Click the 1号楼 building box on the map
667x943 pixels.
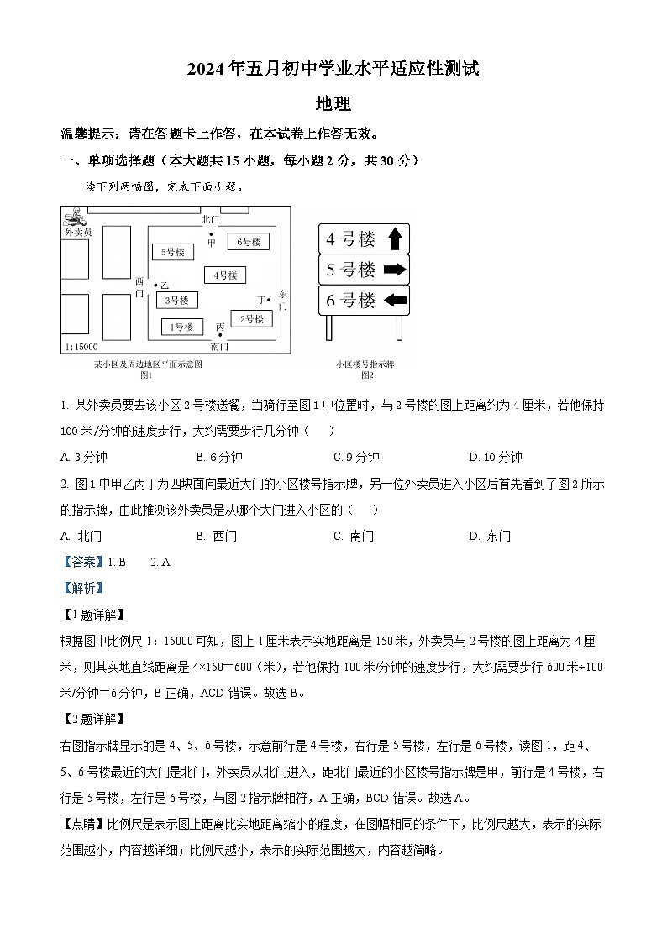(181, 327)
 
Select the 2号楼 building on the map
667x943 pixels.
(251, 319)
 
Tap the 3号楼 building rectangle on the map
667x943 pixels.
(176, 300)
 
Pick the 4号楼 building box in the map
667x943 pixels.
(224, 275)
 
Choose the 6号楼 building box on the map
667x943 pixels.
(248, 242)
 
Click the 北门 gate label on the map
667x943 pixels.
(210, 218)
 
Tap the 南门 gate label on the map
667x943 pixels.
(219, 346)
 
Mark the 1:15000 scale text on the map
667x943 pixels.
(81, 347)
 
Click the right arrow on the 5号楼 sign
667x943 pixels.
(395, 270)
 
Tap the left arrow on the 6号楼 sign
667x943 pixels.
(395, 300)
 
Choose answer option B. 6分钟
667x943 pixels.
(219, 457)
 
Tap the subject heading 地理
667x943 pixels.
(333, 104)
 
